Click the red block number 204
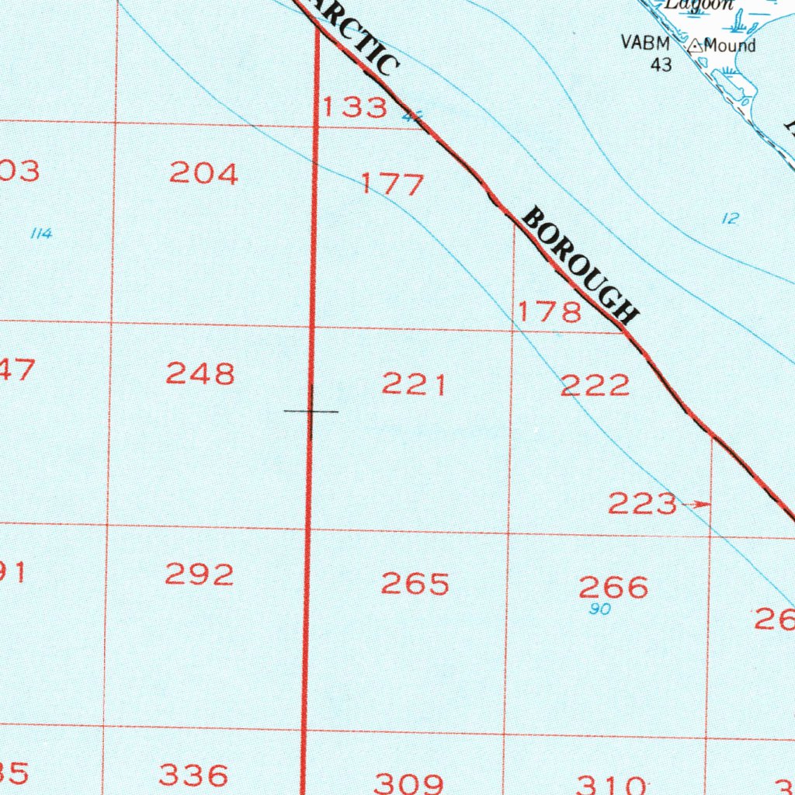203,174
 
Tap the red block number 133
354,107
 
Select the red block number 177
393,185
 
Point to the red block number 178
550,312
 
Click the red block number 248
200,374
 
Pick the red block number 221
414,384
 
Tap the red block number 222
595,385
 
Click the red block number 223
642,505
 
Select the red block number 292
200,575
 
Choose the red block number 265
415,584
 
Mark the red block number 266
613,587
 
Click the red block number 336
194,774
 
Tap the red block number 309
409,782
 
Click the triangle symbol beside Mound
695,47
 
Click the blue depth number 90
599,609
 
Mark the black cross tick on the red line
311,411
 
